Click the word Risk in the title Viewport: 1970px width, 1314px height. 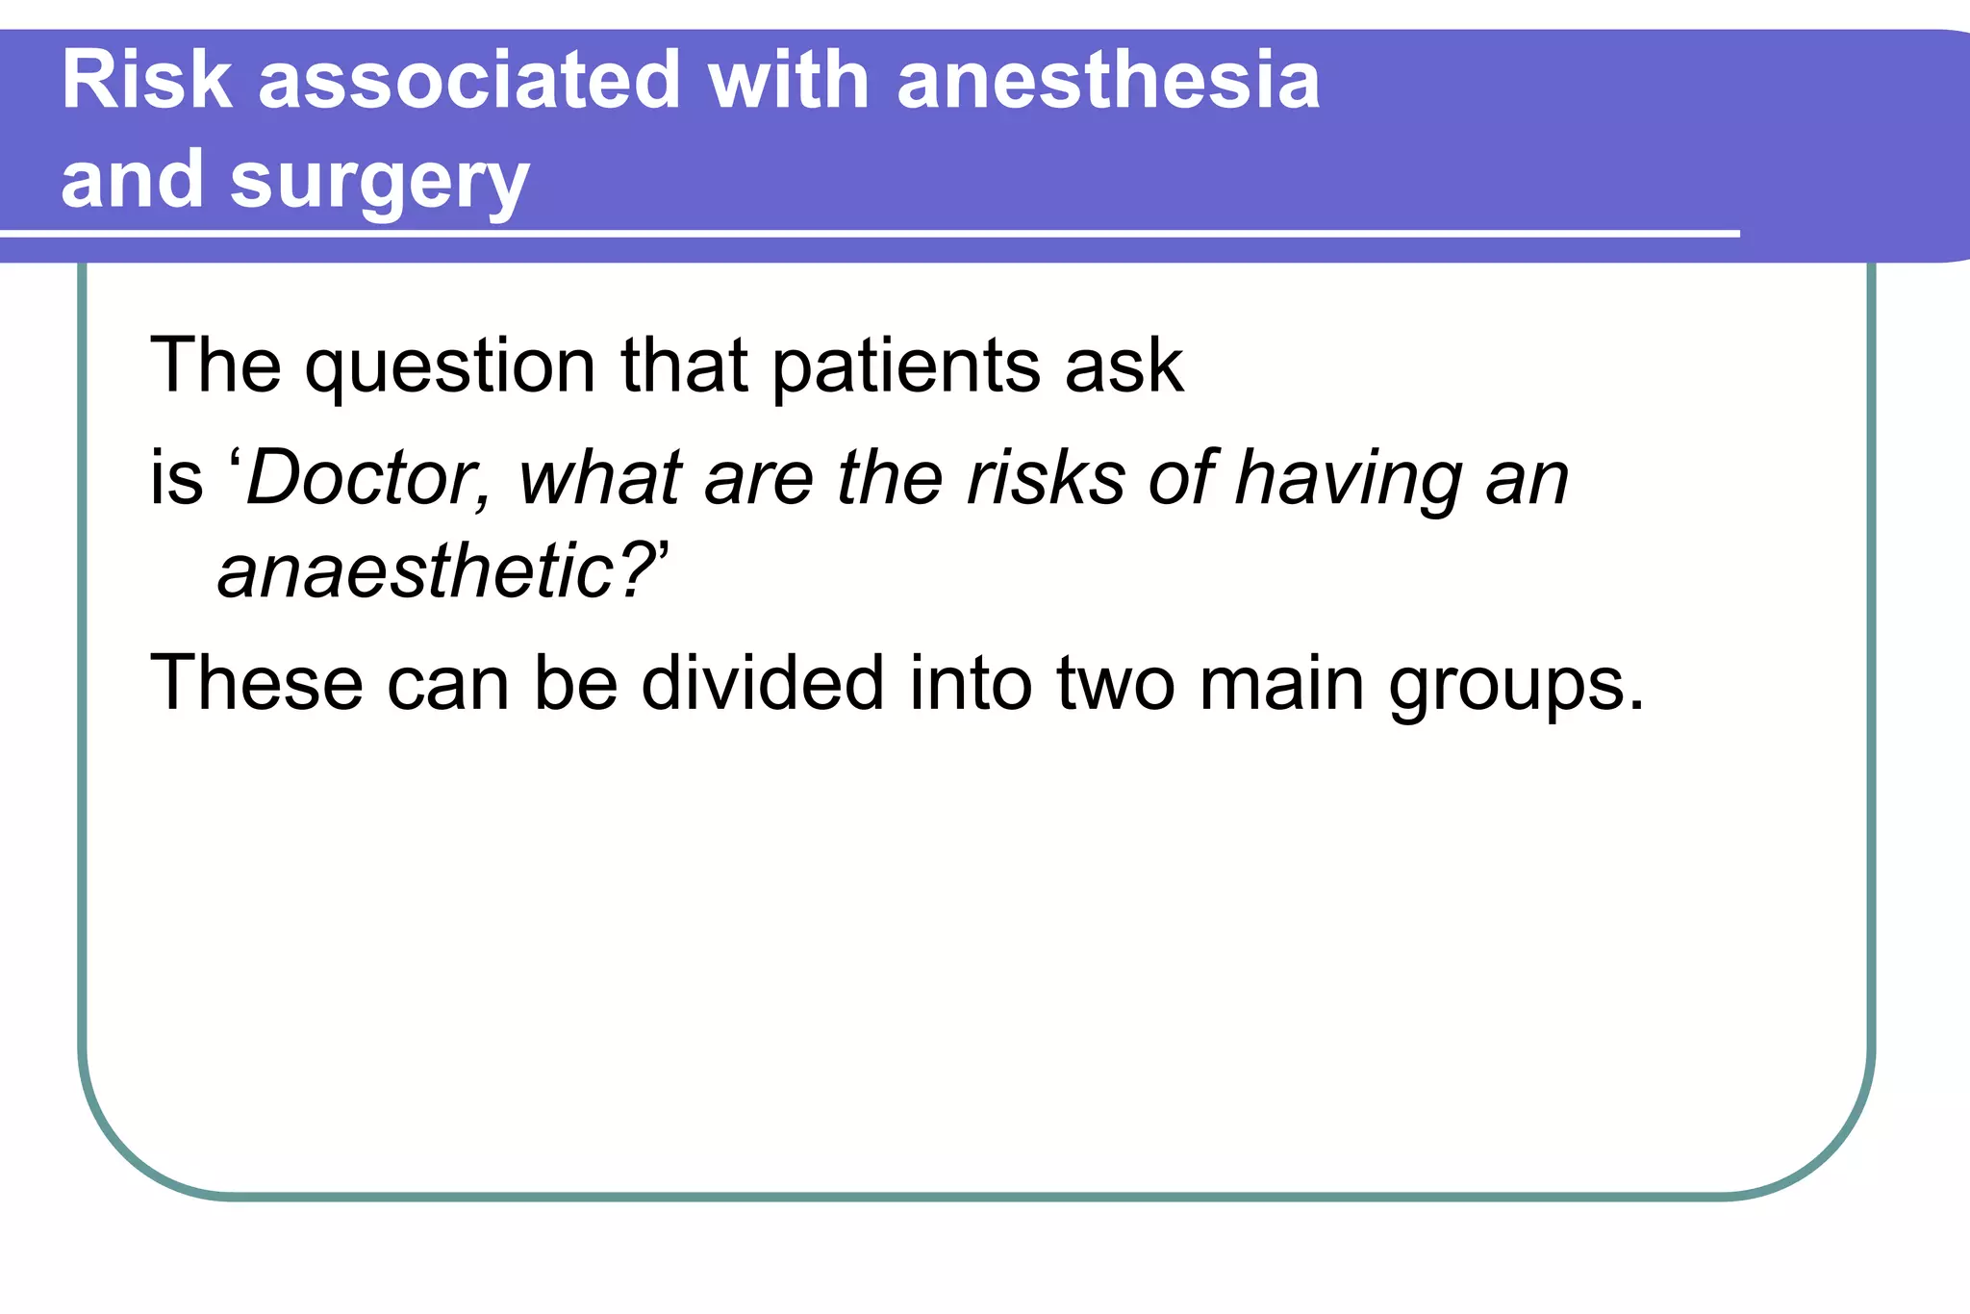coord(146,81)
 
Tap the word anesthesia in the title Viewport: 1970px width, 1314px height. coord(1108,81)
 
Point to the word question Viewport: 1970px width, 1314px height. coord(450,367)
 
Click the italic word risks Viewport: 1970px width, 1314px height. coord(1046,478)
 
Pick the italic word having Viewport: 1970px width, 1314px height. coord(1347,480)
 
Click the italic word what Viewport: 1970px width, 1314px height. coord(600,478)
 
